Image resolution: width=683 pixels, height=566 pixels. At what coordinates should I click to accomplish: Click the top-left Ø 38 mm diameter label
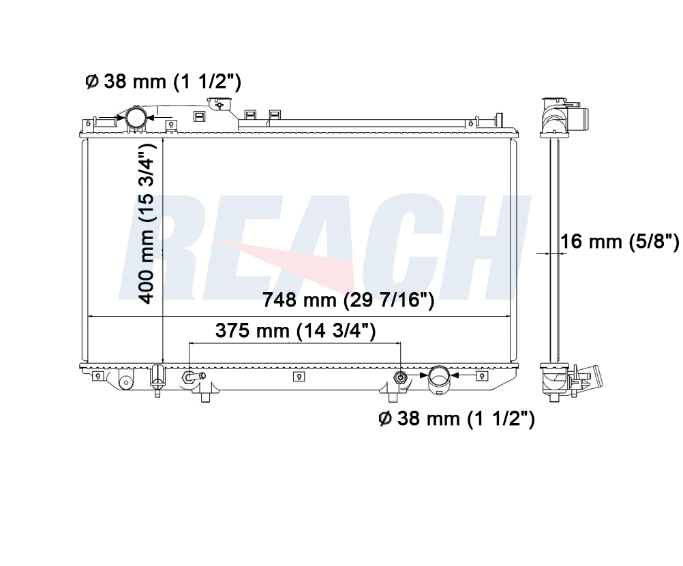click(163, 82)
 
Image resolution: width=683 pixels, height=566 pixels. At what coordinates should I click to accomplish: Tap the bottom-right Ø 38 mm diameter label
click(457, 418)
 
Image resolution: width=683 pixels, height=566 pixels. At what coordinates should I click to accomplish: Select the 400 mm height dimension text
click(147, 224)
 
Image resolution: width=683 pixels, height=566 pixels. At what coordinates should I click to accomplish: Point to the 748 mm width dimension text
click(348, 300)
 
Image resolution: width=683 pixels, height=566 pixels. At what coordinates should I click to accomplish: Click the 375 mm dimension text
click(295, 330)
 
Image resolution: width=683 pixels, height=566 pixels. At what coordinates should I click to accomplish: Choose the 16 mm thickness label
click(620, 241)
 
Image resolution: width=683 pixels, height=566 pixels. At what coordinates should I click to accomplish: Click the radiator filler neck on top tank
click(220, 105)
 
